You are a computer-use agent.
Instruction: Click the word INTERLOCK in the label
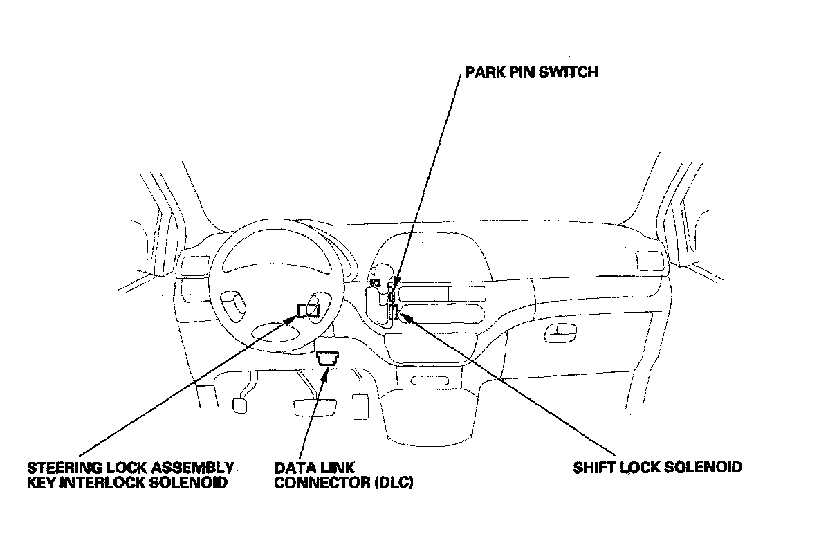tap(103, 483)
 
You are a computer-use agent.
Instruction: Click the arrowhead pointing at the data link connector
tap(325, 374)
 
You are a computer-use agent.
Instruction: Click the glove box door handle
tap(556, 335)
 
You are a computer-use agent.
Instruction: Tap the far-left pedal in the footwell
tap(241, 405)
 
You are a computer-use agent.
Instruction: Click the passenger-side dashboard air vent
tap(648, 261)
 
